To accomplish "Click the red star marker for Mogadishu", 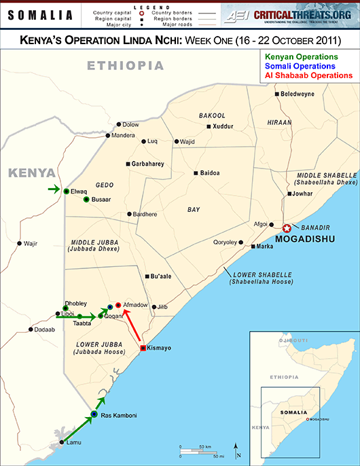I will pyautogui.click(x=287, y=229).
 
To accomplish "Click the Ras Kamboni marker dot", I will pyautogui.click(x=94, y=415).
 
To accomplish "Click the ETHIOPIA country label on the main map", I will pyautogui.click(x=125, y=66).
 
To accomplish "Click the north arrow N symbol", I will pyautogui.click(x=236, y=449).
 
